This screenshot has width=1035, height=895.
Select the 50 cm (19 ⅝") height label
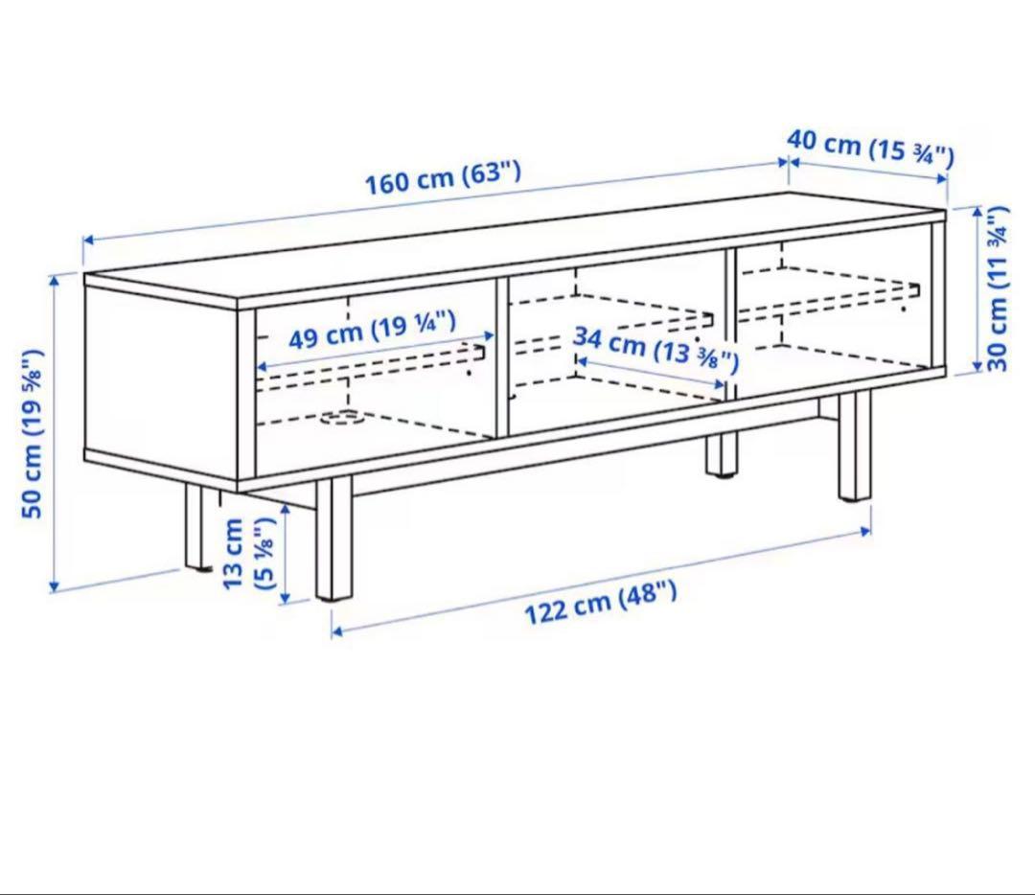click(x=33, y=433)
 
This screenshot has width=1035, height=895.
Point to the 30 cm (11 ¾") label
click(x=998, y=288)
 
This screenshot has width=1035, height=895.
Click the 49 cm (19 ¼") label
click(x=372, y=330)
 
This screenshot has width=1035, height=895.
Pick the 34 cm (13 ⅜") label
click(x=655, y=349)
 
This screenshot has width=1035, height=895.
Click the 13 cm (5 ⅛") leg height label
click(x=247, y=554)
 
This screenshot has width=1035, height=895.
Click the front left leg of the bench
click(x=334, y=539)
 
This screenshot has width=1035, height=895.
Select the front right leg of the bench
click(x=855, y=446)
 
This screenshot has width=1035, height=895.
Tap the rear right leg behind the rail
click(x=721, y=453)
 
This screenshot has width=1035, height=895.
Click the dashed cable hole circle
click(x=342, y=417)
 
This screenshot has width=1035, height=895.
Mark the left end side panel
click(x=161, y=379)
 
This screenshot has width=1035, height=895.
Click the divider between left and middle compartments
click(x=501, y=357)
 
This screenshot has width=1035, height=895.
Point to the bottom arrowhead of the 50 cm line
click(x=54, y=586)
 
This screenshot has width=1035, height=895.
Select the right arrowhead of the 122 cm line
click(x=866, y=530)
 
